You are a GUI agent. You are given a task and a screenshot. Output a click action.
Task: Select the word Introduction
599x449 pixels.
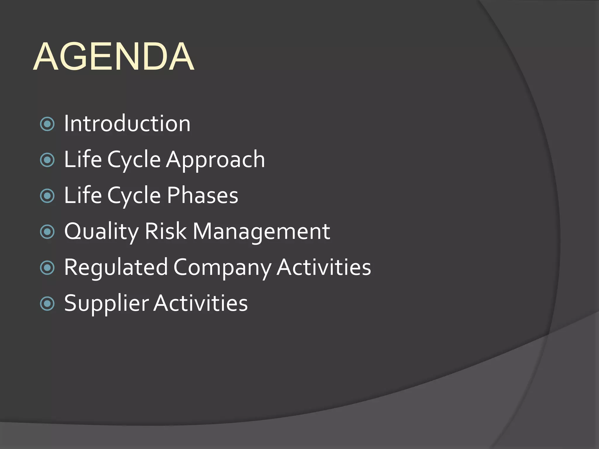pyautogui.click(x=127, y=123)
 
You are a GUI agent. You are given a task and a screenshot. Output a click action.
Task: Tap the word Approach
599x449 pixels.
pyautogui.click(x=216, y=160)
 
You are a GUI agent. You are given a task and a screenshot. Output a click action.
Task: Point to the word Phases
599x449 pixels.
pyautogui.click(x=203, y=195)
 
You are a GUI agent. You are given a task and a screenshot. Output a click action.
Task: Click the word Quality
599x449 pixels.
pyautogui.click(x=101, y=232)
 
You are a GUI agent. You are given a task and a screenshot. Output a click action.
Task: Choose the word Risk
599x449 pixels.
pyautogui.click(x=166, y=231)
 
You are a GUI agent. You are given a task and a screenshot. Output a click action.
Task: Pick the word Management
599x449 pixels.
pyautogui.click(x=261, y=232)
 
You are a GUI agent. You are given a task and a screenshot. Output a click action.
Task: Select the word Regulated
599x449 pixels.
pyautogui.click(x=116, y=267)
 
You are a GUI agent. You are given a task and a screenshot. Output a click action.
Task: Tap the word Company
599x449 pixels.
pyautogui.click(x=222, y=267)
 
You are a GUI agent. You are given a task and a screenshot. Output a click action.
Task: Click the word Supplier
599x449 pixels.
pyautogui.click(x=106, y=303)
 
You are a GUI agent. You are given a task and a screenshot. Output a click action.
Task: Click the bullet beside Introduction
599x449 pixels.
pyautogui.click(x=47, y=124)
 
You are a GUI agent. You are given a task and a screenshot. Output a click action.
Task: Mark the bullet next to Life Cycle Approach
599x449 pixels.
pyautogui.click(x=47, y=160)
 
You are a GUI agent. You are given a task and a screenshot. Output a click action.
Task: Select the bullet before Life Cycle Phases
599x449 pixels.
pyautogui.click(x=47, y=196)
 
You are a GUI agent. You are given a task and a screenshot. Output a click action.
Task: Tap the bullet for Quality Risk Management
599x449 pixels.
pyautogui.click(x=47, y=232)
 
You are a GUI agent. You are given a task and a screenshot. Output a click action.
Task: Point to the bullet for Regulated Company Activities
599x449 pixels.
pyautogui.click(x=47, y=268)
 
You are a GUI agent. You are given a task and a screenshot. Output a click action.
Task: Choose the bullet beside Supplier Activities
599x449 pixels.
pyautogui.click(x=47, y=304)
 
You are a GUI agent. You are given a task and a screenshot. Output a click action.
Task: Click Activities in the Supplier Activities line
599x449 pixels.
pyautogui.click(x=201, y=303)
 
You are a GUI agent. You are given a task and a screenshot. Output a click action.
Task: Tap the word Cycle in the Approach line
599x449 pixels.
pyautogui.click(x=134, y=160)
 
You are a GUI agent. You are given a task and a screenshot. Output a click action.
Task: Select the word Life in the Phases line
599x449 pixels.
pyautogui.click(x=83, y=195)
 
